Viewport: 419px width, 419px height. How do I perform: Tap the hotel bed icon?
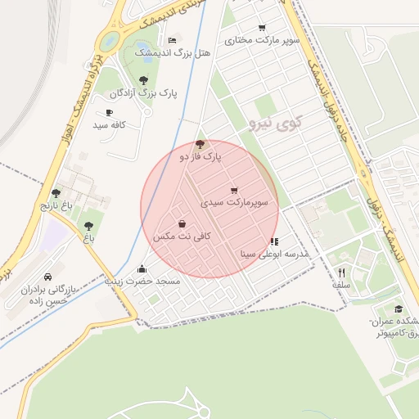[172, 40]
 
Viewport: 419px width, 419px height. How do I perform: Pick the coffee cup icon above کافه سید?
[109, 112]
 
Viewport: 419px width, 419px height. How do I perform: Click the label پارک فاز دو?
[200, 155]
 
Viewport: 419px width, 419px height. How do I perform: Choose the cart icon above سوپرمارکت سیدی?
[235, 190]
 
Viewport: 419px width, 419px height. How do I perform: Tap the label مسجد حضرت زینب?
[142, 280]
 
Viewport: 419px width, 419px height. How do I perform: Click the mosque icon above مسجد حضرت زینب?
[142, 268]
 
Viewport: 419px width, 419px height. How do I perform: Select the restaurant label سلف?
[341, 285]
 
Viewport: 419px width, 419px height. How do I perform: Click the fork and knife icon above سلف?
[341, 273]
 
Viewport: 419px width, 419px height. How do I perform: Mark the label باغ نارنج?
[56, 205]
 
